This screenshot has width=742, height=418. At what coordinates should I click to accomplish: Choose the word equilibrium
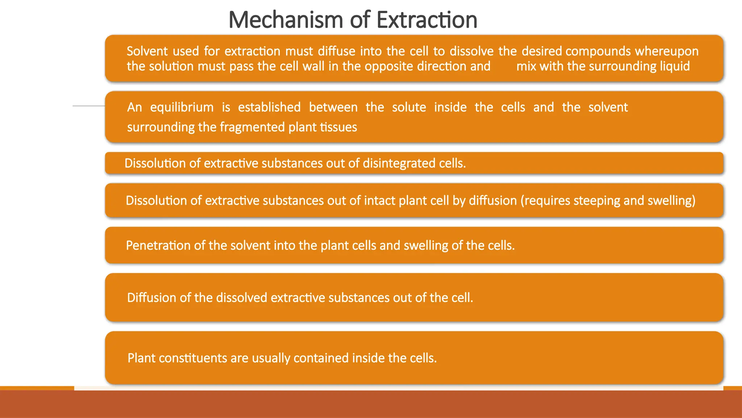pos(182,107)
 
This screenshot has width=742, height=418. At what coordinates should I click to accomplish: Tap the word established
pos(269,107)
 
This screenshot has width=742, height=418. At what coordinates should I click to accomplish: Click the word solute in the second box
pos(409,107)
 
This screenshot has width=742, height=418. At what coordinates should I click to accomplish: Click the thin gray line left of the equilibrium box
pos(89,106)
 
